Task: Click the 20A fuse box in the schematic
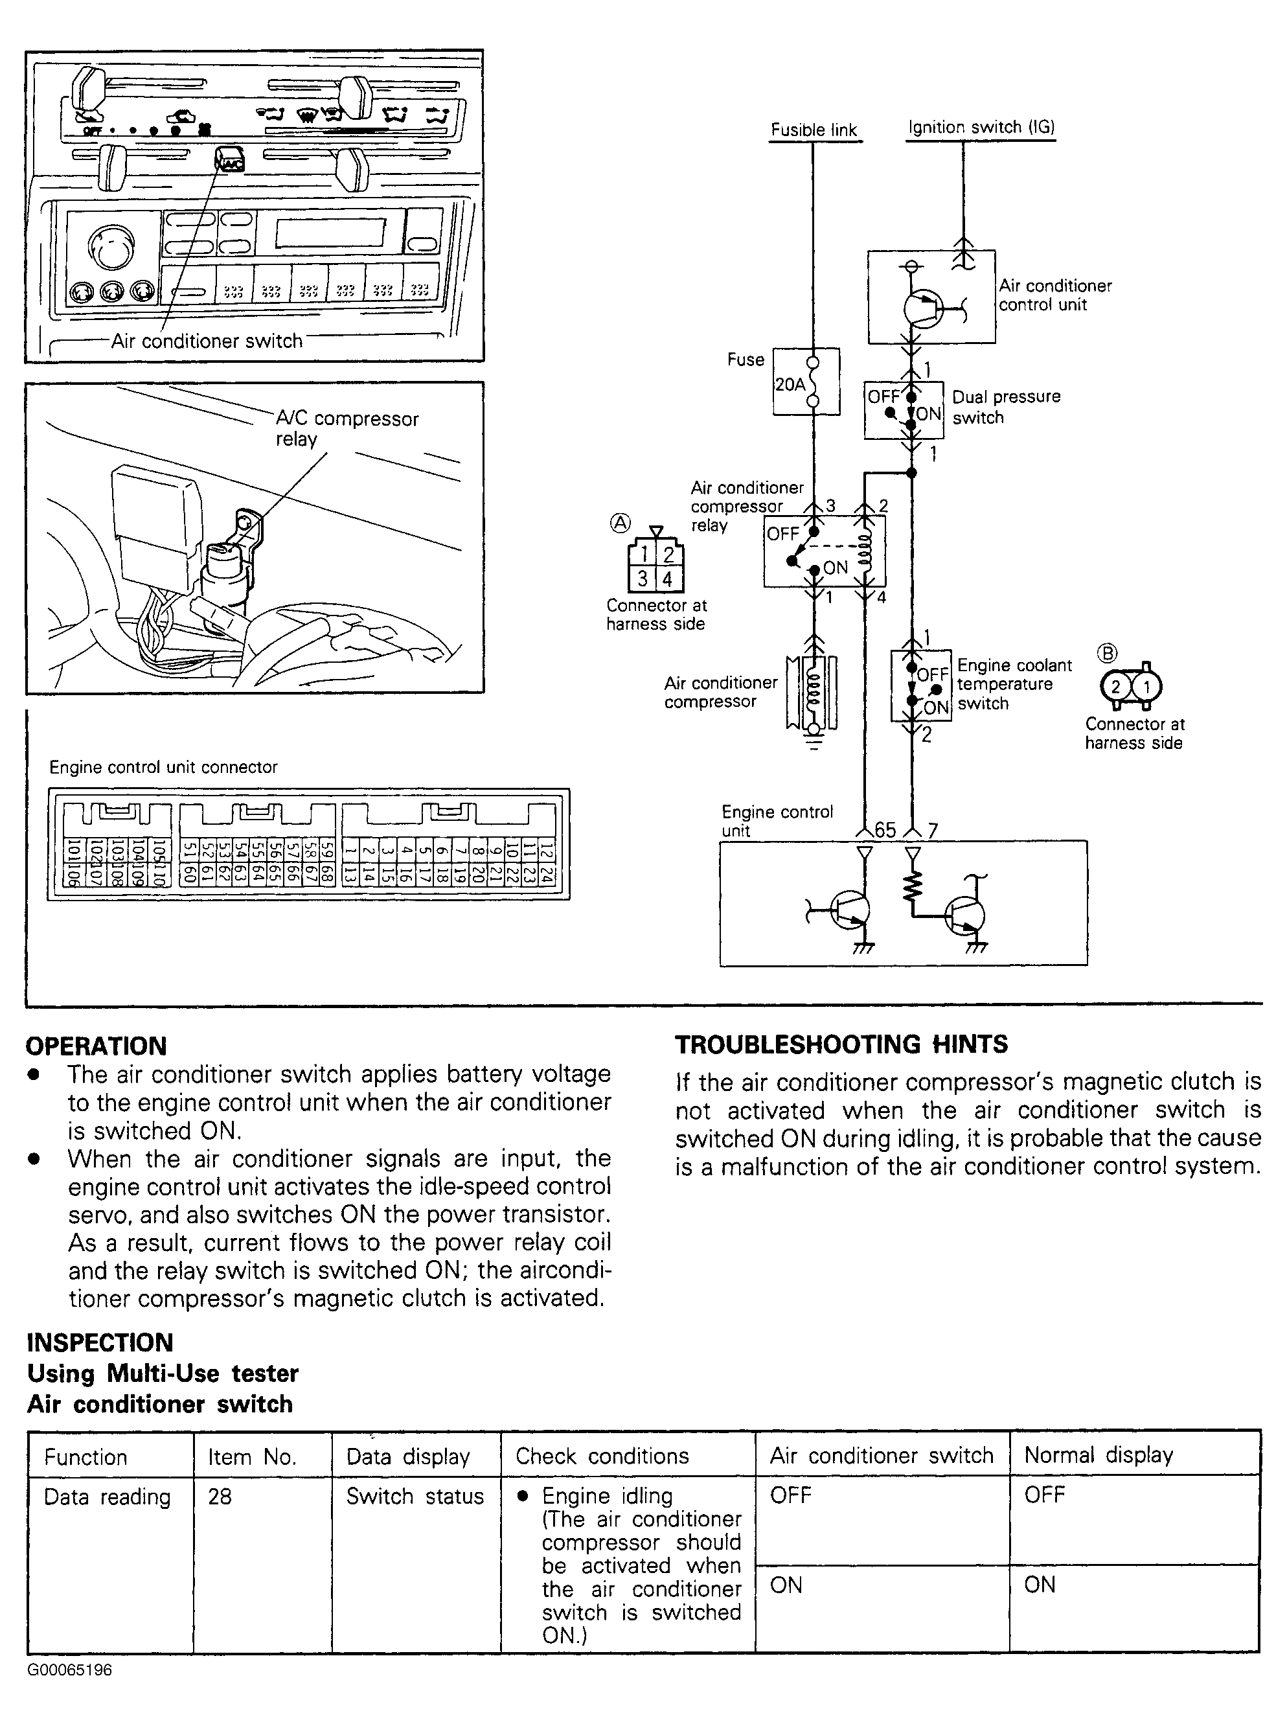tap(806, 382)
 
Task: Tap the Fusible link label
tap(814, 130)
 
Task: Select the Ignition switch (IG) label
tap(981, 127)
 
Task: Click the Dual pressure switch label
tap(1006, 407)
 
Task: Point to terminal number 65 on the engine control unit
tap(885, 830)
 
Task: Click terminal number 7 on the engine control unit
tap(933, 831)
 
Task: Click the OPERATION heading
tap(97, 1046)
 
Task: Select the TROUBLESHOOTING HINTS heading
tap(841, 1044)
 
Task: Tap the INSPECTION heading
tap(100, 1342)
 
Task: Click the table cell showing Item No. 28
tap(220, 1497)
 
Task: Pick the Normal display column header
tap(1099, 1455)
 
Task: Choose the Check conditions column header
tap(602, 1456)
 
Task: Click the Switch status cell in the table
tap(415, 1497)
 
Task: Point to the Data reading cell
tap(107, 1497)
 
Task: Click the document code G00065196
tap(69, 1670)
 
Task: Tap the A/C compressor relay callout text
tap(347, 428)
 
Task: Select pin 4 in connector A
tap(668, 579)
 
